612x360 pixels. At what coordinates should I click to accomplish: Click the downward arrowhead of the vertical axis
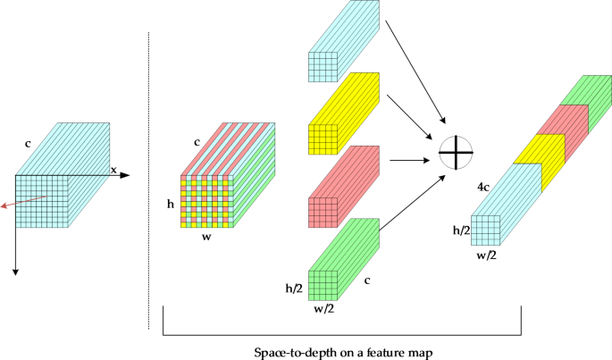click(x=16, y=269)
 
